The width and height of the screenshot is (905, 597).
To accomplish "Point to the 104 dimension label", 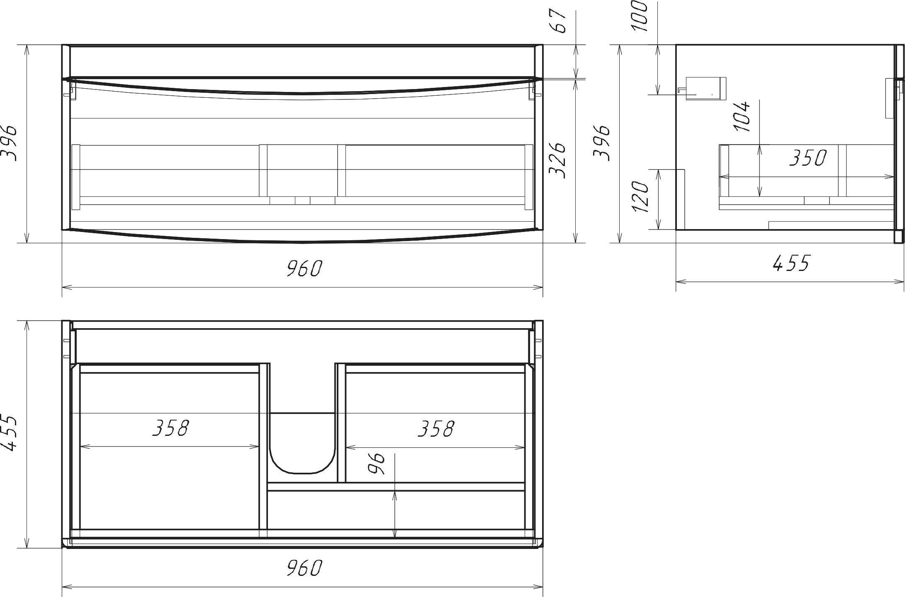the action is click(x=742, y=116).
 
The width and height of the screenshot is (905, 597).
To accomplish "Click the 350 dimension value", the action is click(x=808, y=158).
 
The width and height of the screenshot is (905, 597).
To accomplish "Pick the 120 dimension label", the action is click(x=641, y=196).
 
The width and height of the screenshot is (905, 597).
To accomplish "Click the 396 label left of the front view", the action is click(x=9, y=143).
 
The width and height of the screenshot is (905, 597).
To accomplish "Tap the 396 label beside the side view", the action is click(x=602, y=143).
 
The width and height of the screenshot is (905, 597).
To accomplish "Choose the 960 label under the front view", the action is click(x=304, y=269).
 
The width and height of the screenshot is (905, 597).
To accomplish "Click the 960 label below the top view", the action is click(x=304, y=568).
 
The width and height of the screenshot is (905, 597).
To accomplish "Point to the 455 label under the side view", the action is click(x=791, y=263).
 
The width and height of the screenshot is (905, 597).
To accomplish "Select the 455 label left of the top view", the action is click(x=9, y=433).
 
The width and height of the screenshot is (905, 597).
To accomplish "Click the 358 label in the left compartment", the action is click(x=170, y=428).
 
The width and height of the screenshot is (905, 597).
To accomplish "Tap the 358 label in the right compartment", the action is click(x=436, y=429).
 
